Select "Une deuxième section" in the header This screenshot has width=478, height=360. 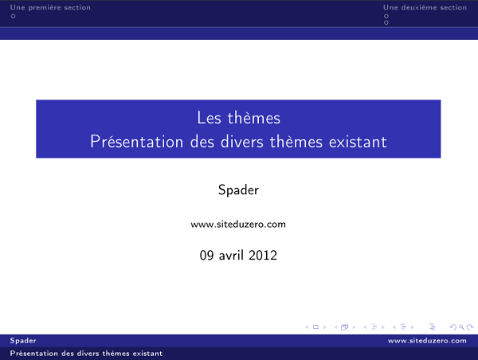pos(425,8)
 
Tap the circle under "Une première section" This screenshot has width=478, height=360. pos(13,16)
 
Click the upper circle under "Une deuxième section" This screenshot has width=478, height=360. pos(386,16)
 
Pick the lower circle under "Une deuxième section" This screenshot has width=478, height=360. pos(386,22)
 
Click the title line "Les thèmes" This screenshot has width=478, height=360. pos(238,118)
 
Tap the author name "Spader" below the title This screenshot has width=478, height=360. pos(238,190)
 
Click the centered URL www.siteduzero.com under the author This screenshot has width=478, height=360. pos(238,225)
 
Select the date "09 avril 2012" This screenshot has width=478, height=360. pos(238,256)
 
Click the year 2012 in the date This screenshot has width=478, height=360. pos(264,256)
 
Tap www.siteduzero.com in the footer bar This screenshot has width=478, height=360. pos(427,341)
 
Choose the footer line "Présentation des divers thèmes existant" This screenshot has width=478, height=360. pos(86,353)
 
